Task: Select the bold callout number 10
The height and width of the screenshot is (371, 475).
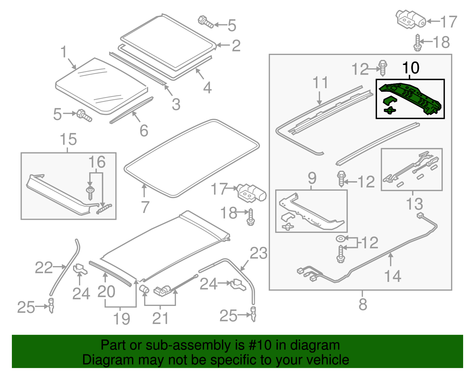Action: (411, 68)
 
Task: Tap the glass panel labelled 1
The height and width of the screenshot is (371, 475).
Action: (101, 86)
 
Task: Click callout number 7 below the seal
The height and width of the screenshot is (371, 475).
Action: (145, 207)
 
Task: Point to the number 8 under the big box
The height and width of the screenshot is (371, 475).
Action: (363, 305)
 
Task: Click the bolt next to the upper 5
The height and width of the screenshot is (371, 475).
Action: (205, 22)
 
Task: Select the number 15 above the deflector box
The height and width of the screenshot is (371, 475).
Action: (68, 139)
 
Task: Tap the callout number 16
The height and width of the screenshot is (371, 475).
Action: (97, 162)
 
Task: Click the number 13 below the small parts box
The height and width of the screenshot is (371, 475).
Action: (414, 204)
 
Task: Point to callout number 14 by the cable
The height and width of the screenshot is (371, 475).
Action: (392, 276)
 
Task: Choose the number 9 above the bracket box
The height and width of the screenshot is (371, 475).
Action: (312, 178)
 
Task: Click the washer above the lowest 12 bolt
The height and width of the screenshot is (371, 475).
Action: (340, 239)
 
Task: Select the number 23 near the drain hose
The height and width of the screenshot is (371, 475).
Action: (258, 253)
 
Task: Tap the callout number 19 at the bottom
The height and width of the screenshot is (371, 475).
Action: (121, 319)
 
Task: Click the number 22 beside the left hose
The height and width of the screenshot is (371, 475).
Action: (44, 268)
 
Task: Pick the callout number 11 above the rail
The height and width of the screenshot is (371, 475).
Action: (320, 83)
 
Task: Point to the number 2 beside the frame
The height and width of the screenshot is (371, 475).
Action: (236, 46)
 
